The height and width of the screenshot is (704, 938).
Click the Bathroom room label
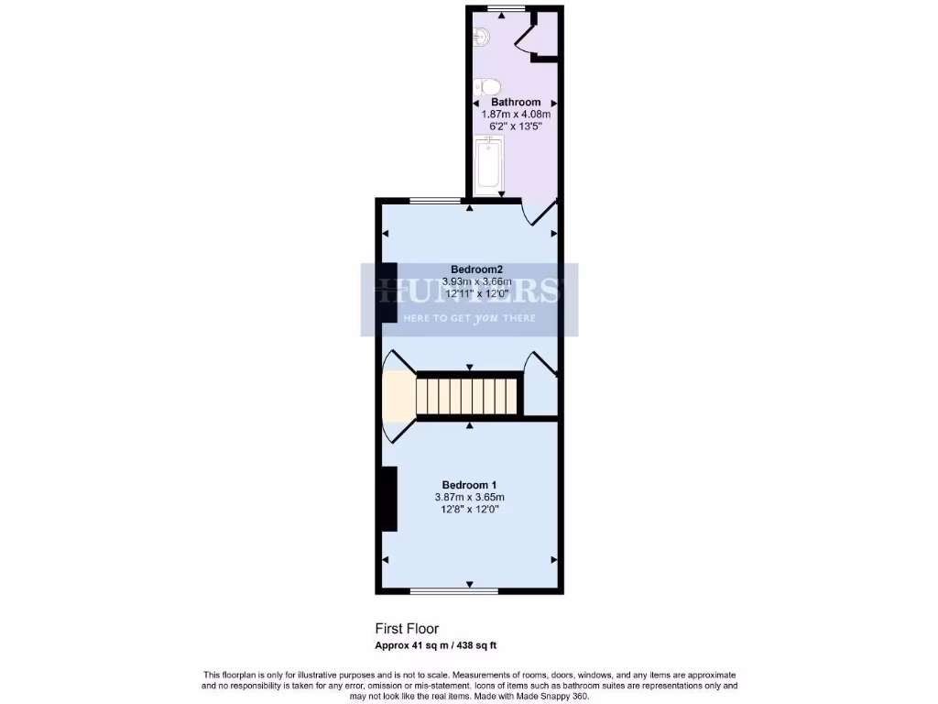(x=516, y=102)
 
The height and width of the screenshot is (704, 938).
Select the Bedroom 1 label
(x=470, y=485)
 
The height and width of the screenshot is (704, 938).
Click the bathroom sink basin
(x=483, y=37)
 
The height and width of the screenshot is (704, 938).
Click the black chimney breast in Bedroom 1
(x=388, y=499)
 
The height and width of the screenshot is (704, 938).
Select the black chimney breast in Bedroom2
(x=388, y=291)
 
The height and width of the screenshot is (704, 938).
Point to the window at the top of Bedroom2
(x=434, y=199)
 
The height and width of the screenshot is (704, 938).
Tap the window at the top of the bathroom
(x=499, y=8)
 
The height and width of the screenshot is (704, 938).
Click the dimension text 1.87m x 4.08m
(x=516, y=115)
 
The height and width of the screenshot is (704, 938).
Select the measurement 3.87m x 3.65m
(x=470, y=497)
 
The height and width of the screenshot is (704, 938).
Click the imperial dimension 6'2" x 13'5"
(x=516, y=126)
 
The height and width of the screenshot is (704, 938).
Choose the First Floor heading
(x=407, y=629)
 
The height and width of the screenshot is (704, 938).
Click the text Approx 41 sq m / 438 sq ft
(x=436, y=645)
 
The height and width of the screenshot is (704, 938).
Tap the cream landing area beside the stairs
(x=398, y=394)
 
